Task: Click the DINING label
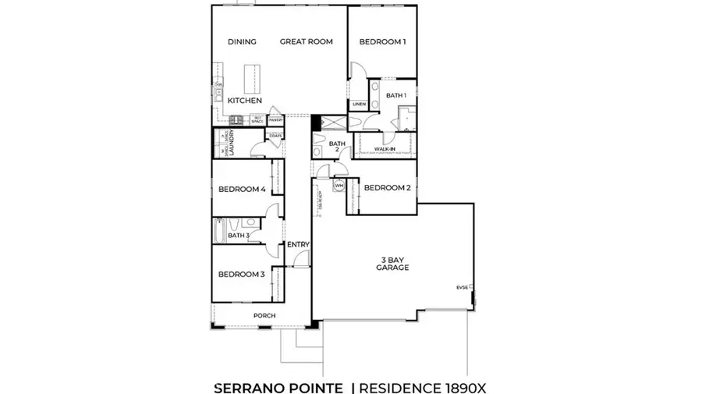(x=242, y=42)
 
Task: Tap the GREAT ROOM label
(x=307, y=42)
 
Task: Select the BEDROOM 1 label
(x=382, y=42)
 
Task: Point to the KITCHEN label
(x=244, y=101)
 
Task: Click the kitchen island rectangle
(x=252, y=78)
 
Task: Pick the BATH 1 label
(x=396, y=95)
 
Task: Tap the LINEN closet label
(x=359, y=104)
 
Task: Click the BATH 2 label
(x=336, y=147)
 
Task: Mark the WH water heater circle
(x=339, y=186)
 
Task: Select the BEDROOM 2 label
(x=387, y=187)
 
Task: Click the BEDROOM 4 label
(x=242, y=190)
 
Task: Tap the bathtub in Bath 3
(x=219, y=232)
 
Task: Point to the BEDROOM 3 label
(x=241, y=274)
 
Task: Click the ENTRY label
(x=298, y=244)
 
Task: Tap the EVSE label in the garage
(x=463, y=288)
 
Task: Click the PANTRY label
(x=275, y=120)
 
